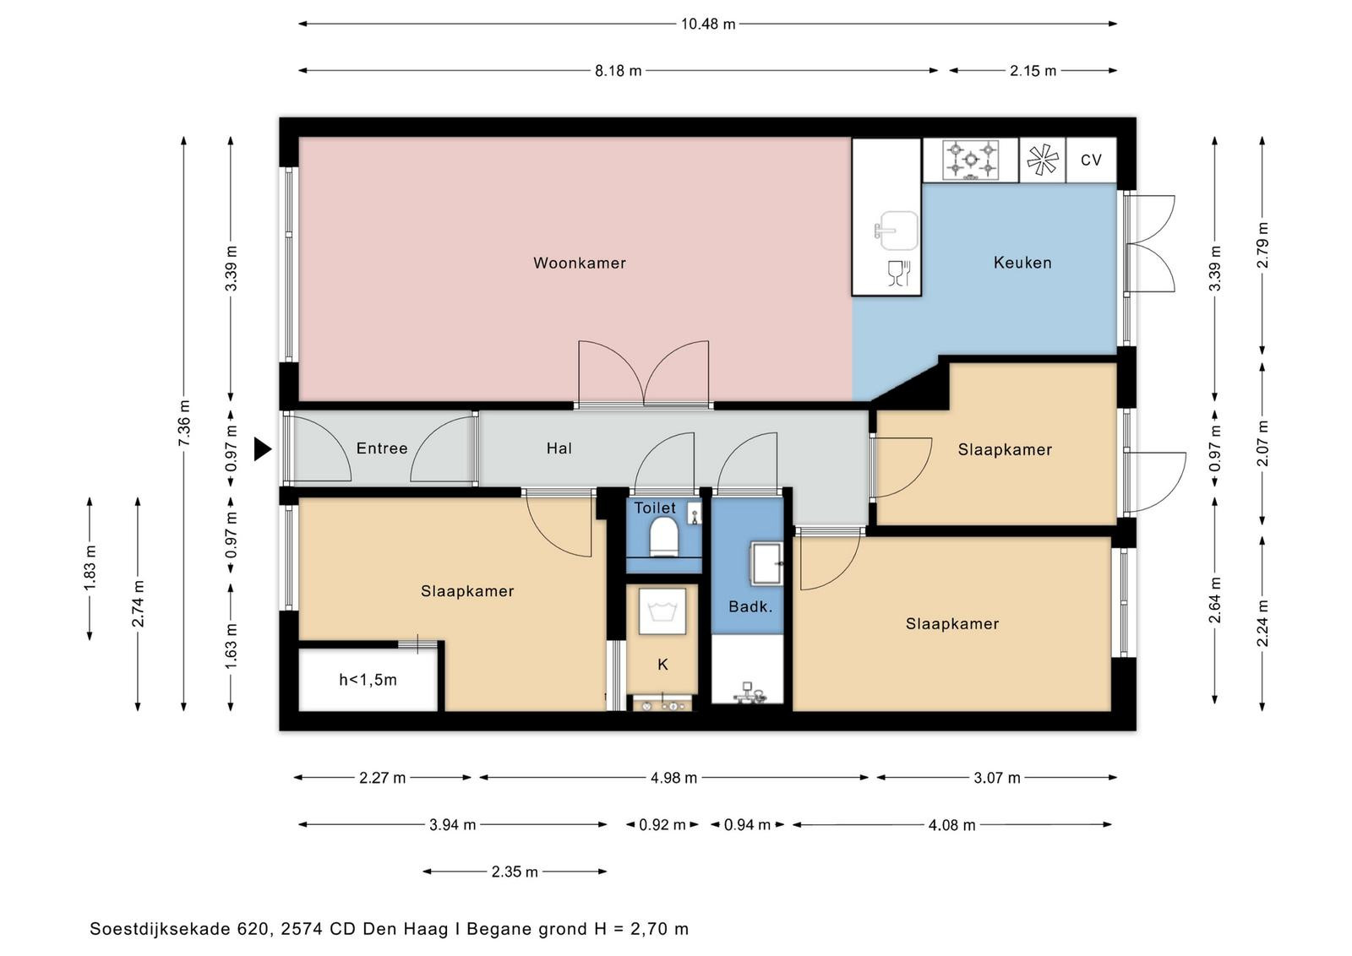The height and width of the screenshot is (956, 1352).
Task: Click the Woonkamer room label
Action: [x=580, y=263]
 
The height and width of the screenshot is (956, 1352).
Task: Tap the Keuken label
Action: [x=1022, y=263]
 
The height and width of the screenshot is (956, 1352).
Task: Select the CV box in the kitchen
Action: [x=1091, y=160]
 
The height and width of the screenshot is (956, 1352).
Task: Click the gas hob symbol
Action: [x=971, y=160]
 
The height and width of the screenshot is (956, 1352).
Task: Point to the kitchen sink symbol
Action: [x=897, y=231]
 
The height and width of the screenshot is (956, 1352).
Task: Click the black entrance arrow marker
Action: [x=263, y=449]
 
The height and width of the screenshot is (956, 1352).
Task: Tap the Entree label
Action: [x=382, y=448]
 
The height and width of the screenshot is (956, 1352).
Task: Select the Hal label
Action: [x=559, y=448]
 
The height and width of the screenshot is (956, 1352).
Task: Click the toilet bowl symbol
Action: [x=663, y=536]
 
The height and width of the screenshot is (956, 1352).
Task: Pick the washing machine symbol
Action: [x=662, y=611]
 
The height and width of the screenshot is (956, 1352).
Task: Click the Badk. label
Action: [x=750, y=606]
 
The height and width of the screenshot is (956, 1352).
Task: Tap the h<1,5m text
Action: [x=368, y=680]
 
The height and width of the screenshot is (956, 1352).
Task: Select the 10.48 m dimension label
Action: [x=708, y=24]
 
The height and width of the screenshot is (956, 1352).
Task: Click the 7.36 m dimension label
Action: [x=184, y=423]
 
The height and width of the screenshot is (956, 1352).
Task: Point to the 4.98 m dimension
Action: [x=673, y=778]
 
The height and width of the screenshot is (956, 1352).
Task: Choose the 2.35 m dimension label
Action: [x=515, y=872]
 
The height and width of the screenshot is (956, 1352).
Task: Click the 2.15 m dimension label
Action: [x=1033, y=71]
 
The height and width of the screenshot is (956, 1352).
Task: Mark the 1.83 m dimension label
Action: [x=90, y=568]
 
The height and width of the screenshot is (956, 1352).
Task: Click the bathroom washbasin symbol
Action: [x=766, y=563]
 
